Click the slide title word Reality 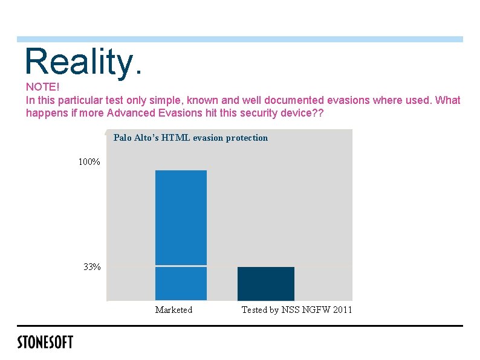[x=83, y=62]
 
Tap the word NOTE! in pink [x=42, y=87]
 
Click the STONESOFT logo [x=45, y=342]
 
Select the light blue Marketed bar [x=181, y=235]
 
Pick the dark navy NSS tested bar [x=266, y=283]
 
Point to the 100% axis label [x=89, y=161]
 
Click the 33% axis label [x=92, y=267]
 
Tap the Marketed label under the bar [x=174, y=310]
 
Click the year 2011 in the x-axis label [x=342, y=310]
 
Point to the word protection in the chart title [x=247, y=138]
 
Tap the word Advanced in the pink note [x=131, y=113]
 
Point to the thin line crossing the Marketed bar [x=181, y=266]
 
